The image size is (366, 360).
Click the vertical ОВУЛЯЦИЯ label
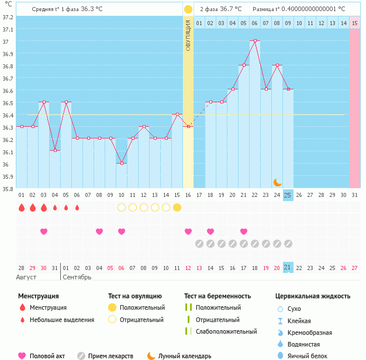(x=188, y=34)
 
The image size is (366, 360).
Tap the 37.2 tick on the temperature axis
(x=8, y=17)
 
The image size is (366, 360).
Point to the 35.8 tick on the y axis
(x=8, y=188)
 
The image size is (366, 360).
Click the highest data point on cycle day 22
(x=255, y=41)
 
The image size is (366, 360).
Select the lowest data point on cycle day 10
(x=122, y=163)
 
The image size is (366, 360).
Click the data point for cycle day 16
(x=188, y=126)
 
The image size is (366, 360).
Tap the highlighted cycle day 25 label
(x=288, y=195)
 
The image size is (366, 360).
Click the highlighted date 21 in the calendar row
(x=288, y=267)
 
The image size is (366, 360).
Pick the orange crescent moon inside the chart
(x=278, y=182)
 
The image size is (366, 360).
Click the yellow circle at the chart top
(x=188, y=9)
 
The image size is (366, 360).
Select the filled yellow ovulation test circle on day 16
(x=177, y=207)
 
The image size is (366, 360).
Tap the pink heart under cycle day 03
(x=44, y=231)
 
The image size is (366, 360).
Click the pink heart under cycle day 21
(x=244, y=231)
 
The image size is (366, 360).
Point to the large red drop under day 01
(x=22, y=207)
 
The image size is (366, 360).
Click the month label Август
(x=27, y=277)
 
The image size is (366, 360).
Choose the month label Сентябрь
(x=77, y=277)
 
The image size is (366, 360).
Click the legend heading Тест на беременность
(x=217, y=296)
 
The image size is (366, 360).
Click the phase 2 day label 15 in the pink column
(x=355, y=23)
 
